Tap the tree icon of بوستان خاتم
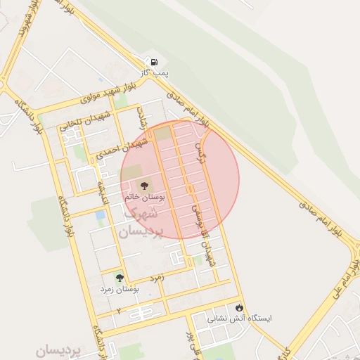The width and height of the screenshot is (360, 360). (143, 186)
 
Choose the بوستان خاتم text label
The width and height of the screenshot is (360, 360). (144, 198)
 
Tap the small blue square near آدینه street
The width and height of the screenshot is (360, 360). (101, 214)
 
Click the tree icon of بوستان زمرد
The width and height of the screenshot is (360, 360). (119, 278)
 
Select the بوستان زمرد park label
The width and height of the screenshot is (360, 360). (119, 289)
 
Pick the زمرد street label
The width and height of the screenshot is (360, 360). (157, 278)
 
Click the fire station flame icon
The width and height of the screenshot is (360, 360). (240, 307)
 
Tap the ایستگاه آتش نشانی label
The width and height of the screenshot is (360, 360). (239, 319)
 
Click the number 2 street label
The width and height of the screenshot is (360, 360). (120, 310)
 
